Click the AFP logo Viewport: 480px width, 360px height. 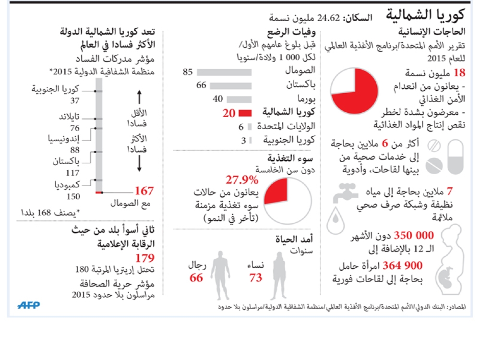pos(29,305)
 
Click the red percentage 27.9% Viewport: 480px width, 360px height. pos(242,180)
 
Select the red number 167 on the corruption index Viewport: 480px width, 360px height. pos(144,191)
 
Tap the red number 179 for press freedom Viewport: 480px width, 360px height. pos(144,258)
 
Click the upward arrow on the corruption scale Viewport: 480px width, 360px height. pos(139,98)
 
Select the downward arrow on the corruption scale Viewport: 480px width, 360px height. pos(139,165)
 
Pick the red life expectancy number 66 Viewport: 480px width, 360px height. pos(196,277)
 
